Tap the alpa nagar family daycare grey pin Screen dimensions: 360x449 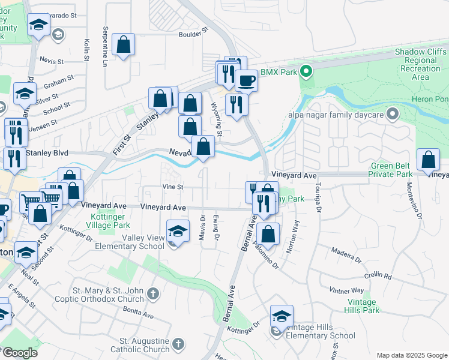click(393, 113)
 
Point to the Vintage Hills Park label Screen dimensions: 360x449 click(362, 306)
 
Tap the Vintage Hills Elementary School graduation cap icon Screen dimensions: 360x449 click(282, 316)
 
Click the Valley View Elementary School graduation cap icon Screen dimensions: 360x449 click(177, 231)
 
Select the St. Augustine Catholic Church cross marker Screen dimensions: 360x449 click(177, 344)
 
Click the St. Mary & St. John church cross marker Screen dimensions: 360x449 click(153, 294)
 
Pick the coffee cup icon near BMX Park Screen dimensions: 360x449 click(246, 80)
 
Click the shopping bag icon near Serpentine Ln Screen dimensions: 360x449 click(123, 44)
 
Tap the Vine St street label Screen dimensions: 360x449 click(172, 187)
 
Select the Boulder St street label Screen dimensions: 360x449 click(192, 32)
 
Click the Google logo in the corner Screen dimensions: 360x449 click(19, 353)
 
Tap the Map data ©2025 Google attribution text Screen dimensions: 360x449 click(411, 355)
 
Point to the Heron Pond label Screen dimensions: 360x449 click(432, 99)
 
